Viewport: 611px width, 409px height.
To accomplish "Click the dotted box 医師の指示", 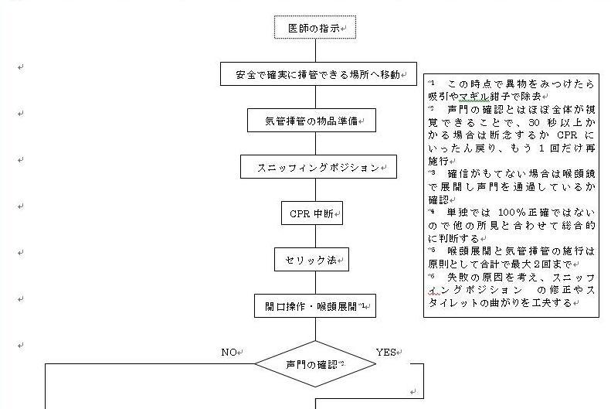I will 315,28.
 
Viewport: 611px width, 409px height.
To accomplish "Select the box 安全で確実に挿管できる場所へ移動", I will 318,74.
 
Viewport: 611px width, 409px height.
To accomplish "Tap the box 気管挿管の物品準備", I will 314,121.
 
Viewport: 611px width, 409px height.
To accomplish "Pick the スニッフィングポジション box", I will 317,167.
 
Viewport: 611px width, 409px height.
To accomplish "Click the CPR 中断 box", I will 311,213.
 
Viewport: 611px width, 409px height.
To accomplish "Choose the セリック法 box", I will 311,260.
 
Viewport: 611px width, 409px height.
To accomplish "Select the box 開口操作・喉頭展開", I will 314,306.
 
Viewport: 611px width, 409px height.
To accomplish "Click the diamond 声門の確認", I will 315,363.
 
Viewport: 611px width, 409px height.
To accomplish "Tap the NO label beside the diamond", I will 229,353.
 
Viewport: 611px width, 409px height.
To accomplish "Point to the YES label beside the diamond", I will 385,353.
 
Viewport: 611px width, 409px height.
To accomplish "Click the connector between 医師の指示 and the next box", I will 315,50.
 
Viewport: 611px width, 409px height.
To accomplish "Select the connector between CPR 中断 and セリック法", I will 315,237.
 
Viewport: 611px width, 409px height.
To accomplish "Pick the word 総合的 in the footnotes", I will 579,226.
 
